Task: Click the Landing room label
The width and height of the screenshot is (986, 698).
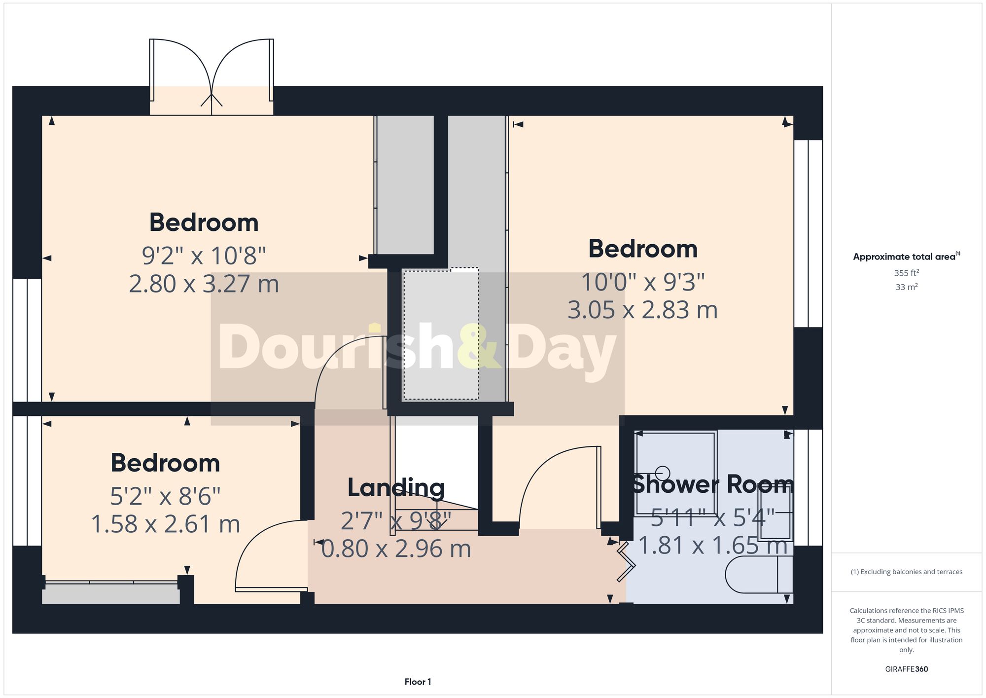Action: point(396,488)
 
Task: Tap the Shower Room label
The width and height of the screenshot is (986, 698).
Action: point(712,484)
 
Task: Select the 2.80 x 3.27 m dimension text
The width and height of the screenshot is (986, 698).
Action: point(204,284)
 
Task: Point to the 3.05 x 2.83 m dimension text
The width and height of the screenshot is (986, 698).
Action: point(642,310)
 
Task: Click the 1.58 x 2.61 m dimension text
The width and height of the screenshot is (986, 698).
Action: point(166,524)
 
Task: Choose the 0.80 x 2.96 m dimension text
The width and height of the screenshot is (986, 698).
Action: point(396,549)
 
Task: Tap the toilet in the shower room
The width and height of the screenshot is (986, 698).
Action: point(758,575)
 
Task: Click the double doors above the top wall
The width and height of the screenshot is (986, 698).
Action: point(211,74)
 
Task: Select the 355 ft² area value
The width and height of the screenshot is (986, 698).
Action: point(906,273)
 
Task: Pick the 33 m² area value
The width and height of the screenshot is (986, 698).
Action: point(906,287)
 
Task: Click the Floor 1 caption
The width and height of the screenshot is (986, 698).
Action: point(418,682)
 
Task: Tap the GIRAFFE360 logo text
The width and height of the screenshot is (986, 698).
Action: point(906,669)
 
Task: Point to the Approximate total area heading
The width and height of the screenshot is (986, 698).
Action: point(906,257)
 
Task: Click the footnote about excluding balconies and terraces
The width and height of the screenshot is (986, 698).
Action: point(906,572)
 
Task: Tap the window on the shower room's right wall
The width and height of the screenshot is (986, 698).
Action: point(808,487)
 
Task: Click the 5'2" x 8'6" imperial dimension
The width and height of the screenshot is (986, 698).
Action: point(165,496)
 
